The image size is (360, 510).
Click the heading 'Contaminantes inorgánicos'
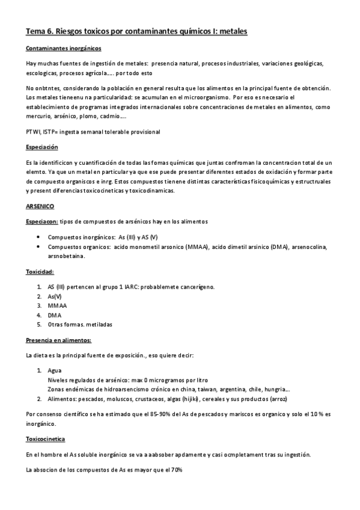[x=64, y=48]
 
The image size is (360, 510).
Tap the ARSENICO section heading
[x=40, y=206]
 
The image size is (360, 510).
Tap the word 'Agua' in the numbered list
[x=54, y=370]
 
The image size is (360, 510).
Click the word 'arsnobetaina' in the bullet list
[x=66, y=256]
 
